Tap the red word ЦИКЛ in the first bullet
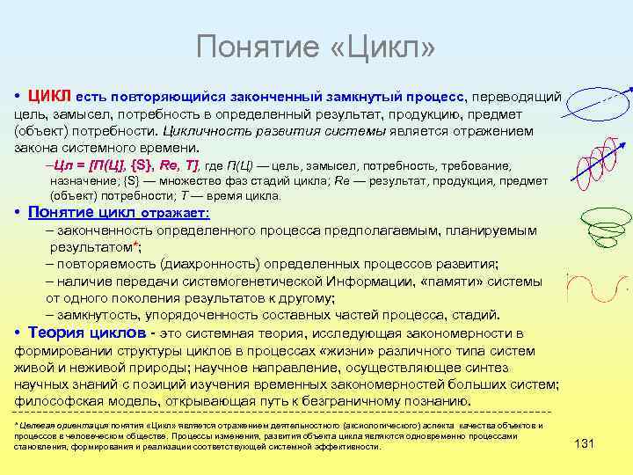click(x=49, y=94)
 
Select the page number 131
click(x=583, y=443)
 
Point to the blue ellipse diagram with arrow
click(x=598, y=103)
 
